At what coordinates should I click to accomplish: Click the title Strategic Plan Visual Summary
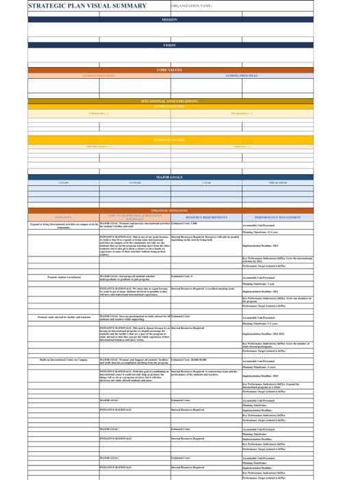(x=87, y=6)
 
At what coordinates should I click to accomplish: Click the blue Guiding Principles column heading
(x=241, y=75)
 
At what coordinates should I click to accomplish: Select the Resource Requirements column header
(x=206, y=217)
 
